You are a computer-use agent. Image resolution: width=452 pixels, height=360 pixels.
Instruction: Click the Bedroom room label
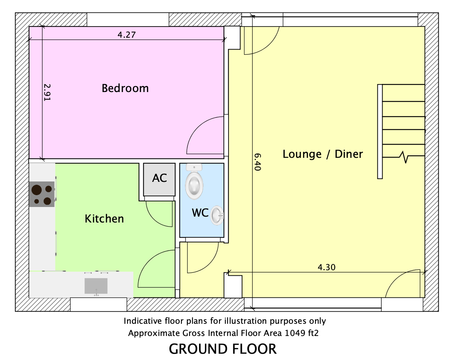pos(125,88)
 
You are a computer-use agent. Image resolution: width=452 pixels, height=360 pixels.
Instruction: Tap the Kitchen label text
pos(104,219)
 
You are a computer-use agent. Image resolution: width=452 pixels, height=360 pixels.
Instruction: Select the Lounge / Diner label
pos(323,154)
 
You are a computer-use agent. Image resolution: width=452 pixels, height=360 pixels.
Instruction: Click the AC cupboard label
pos(160,178)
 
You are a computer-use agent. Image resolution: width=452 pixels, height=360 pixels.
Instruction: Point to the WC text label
pos(200,213)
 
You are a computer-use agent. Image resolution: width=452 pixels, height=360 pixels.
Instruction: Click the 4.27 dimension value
pos(127,35)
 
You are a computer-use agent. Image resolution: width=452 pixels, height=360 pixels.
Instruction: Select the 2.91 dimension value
pos(47,92)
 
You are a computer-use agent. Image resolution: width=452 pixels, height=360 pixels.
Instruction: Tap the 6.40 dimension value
pos(257,162)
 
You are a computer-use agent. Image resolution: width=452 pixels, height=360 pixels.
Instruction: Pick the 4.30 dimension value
pos(326,268)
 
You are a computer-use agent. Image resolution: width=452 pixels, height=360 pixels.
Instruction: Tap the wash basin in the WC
pos(217,215)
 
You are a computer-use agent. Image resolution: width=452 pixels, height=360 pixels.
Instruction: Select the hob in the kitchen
pos(42,194)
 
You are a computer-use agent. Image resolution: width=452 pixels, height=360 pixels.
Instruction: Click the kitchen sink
pos(96,286)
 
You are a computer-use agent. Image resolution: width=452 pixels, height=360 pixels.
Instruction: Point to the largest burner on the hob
pos(37,190)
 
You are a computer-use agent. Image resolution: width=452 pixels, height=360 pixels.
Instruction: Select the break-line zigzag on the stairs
pos(404,157)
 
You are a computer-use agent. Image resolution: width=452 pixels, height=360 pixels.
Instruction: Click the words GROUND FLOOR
pos(223,349)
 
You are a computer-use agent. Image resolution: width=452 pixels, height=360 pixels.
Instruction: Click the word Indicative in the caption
pos(143,321)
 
